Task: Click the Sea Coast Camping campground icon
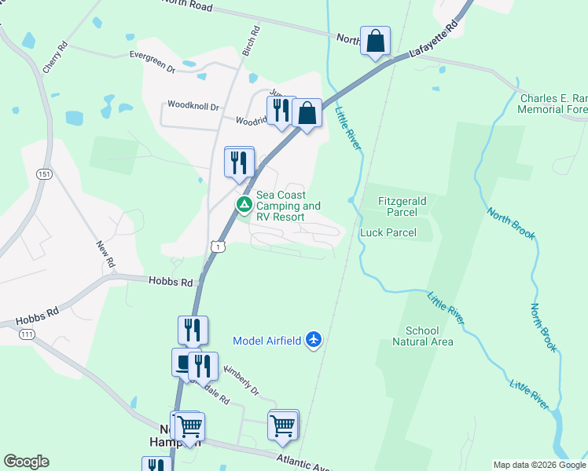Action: (244, 205)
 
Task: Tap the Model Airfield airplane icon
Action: (314, 340)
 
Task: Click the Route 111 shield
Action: (28, 334)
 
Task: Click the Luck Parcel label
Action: (387, 232)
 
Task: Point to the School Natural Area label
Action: (422, 336)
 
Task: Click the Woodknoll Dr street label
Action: (193, 105)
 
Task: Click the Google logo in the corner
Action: (27, 462)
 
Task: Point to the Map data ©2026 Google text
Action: (540, 465)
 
